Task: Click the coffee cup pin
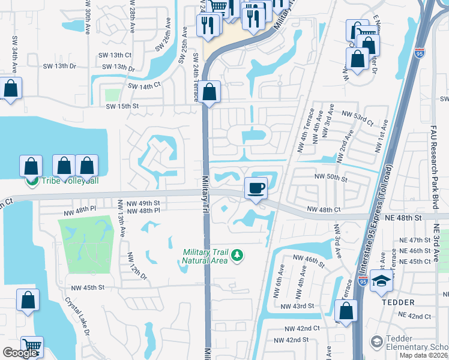(x=256, y=188)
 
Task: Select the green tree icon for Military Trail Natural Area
(x=238, y=256)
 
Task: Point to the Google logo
(x=20, y=352)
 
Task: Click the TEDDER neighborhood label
(x=400, y=302)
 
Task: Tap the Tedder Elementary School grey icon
(x=376, y=342)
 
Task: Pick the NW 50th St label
(x=335, y=178)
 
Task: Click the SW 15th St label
(x=122, y=106)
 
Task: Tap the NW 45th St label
(x=88, y=287)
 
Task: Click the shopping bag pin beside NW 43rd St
(x=346, y=311)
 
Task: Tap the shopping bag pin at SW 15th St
(x=209, y=92)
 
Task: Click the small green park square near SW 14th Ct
(x=112, y=95)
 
